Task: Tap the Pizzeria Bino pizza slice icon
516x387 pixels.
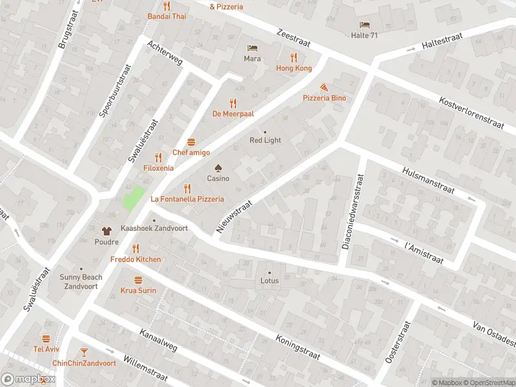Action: [x=324, y=86]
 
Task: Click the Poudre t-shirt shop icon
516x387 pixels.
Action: [x=107, y=230]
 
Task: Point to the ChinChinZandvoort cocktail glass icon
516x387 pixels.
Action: [x=84, y=352]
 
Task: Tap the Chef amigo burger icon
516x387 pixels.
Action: [x=191, y=142]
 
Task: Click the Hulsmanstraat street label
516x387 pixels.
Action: [x=428, y=179]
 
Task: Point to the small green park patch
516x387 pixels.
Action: [x=133, y=197]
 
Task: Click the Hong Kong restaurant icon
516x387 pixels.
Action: [x=293, y=57]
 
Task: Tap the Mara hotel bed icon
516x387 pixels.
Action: [x=252, y=48]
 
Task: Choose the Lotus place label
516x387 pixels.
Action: [x=270, y=281]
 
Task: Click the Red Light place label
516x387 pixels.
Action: [x=265, y=140]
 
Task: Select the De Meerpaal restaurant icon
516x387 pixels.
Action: [x=233, y=103]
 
